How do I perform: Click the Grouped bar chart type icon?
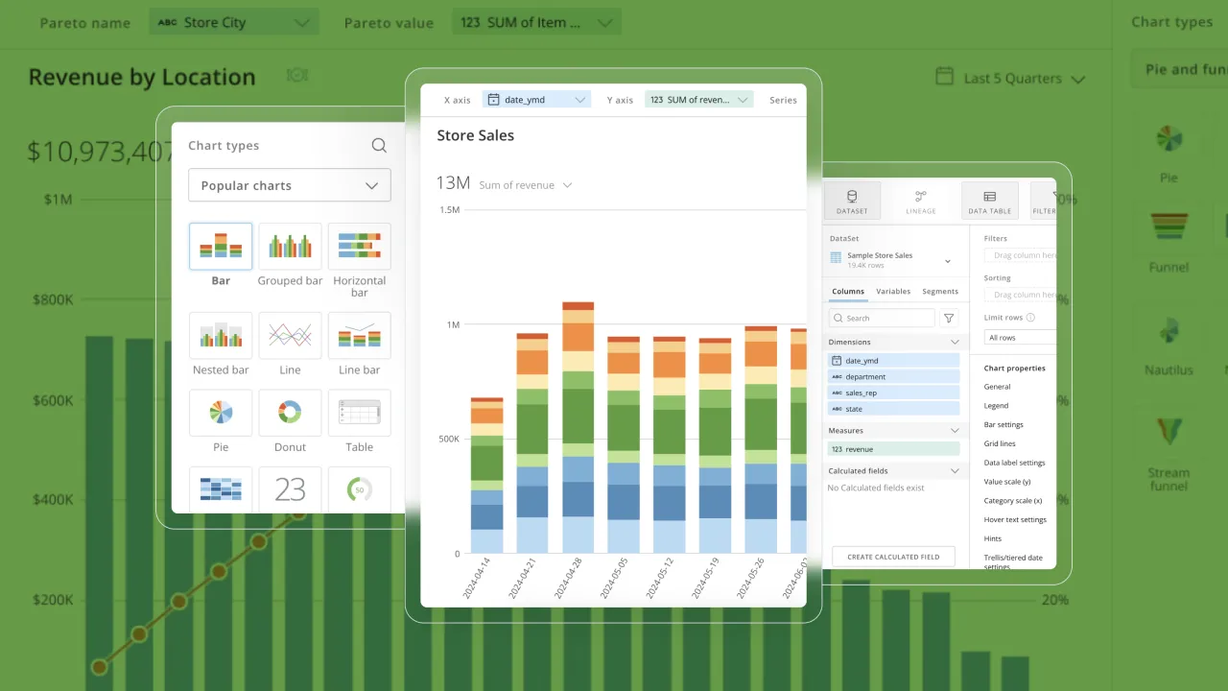coord(290,247)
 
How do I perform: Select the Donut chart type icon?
coord(290,413)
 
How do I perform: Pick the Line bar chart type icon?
coord(359,336)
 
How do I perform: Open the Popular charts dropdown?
coord(290,185)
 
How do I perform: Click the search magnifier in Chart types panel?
coord(379,146)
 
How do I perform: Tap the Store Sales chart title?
coord(476,135)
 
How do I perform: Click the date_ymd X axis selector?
coord(535,100)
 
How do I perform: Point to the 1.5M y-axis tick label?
coord(449,209)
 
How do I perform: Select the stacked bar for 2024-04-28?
coord(578,427)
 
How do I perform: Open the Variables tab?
coord(893,292)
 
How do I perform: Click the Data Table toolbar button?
coord(989,201)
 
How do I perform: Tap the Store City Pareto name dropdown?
coord(234,22)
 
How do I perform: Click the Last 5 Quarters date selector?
coord(1010,79)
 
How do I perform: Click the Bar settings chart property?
coord(1004,424)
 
